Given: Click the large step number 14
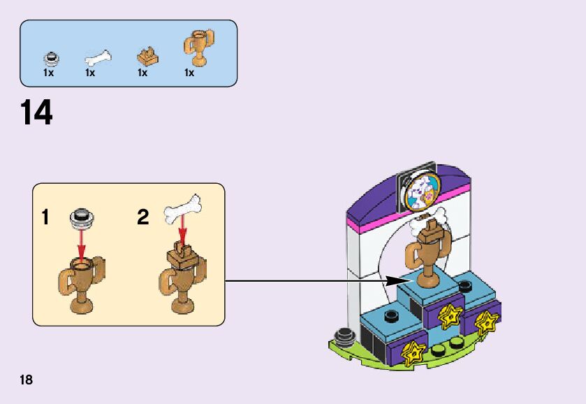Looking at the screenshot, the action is click(x=36, y=113).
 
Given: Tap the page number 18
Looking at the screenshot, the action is click(x=27, y=380).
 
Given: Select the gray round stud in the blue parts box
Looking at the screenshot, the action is click(x=49, y=57).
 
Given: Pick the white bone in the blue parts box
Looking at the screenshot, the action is click(x=97, y=55).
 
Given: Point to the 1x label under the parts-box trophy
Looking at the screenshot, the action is click(x=189, y=73).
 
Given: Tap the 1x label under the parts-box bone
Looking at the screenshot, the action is click(x=90, y=73).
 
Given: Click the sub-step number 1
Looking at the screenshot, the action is click(x=45, y=218).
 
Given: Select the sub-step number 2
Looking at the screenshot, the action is click(x=142, y=218).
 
